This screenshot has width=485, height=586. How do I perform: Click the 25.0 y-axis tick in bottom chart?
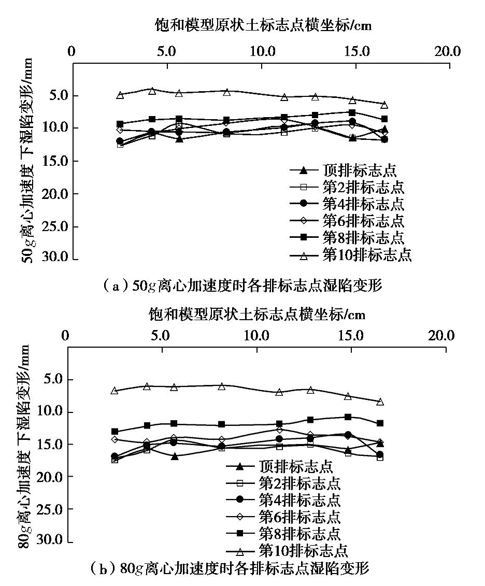click(x=49, y=509)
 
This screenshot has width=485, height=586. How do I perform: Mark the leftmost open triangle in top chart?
click(x=120, y=95)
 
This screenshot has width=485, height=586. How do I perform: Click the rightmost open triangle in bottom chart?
click(x=380, y=402)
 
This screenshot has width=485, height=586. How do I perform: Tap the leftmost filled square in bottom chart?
click(x=115, y=431)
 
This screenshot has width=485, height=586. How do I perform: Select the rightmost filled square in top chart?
click(x=384, y=119)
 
